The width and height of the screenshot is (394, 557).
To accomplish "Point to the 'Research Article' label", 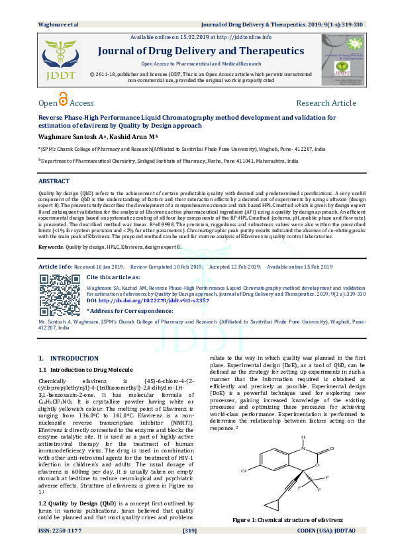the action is (326, 103).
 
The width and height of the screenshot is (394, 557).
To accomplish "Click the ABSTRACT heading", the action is (54, 181).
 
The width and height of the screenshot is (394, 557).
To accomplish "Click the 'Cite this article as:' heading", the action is (113, 277).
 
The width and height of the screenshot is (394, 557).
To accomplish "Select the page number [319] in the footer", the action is (190, 550).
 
